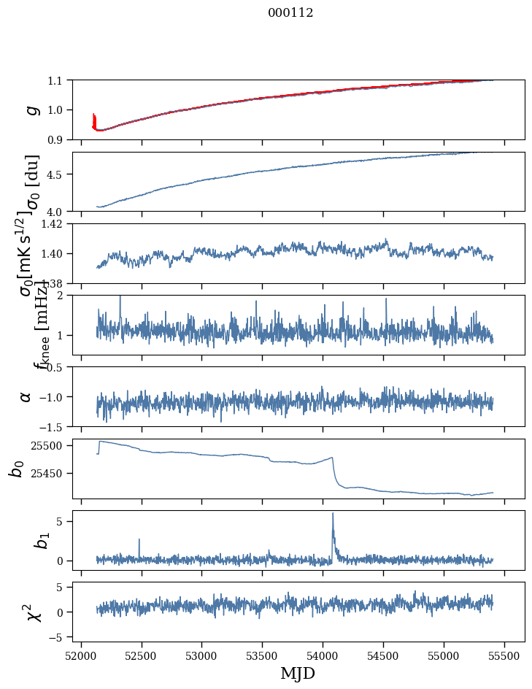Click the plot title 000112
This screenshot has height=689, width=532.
click(x=290, y=13)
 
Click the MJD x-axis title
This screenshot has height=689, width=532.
click(x=290, y=673)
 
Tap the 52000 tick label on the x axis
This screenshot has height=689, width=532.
click(x=81, y=654)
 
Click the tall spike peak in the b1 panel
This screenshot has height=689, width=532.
click(x=333, y=514)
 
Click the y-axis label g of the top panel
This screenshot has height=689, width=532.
click(x=30, y=109)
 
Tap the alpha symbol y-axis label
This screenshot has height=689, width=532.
click(x=26, y=396)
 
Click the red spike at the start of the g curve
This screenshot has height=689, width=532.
click(x=93, y=118)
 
